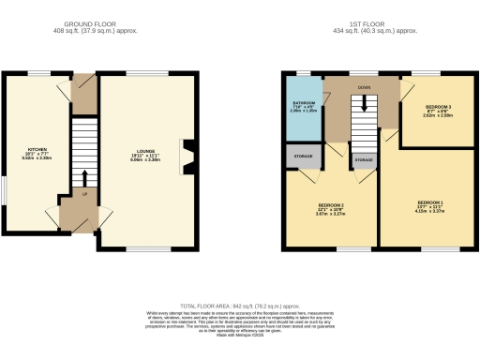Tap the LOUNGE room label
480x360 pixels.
[145, 156]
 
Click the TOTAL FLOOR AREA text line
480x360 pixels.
[240, 306]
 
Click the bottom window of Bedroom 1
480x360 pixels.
[433, 247]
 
